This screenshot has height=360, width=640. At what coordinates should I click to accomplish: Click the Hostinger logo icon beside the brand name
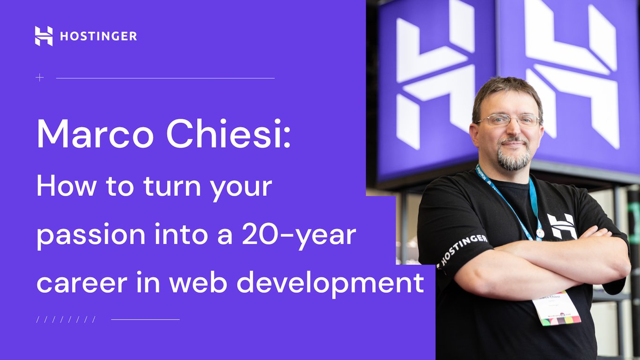[44, 36]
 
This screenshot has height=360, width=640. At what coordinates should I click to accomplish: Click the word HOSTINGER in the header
[98, 37]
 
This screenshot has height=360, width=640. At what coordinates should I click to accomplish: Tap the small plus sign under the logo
[40, 78]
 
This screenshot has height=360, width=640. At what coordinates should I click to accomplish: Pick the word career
[75, 284]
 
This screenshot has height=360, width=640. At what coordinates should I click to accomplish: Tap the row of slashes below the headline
[66, 320]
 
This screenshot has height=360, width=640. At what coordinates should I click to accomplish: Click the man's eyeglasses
[508, 120]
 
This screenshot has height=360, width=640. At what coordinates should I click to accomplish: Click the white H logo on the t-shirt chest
[562, 226]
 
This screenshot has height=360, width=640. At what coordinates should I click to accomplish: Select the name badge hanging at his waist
[556, 308]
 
